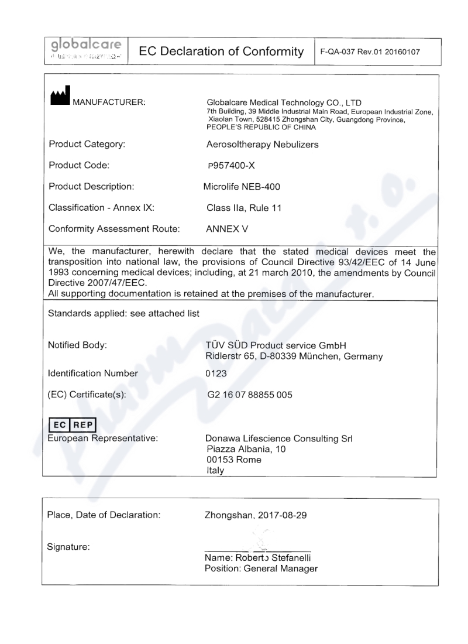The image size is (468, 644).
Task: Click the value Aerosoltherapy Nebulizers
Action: pyautogui.click(x=260, y=145)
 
